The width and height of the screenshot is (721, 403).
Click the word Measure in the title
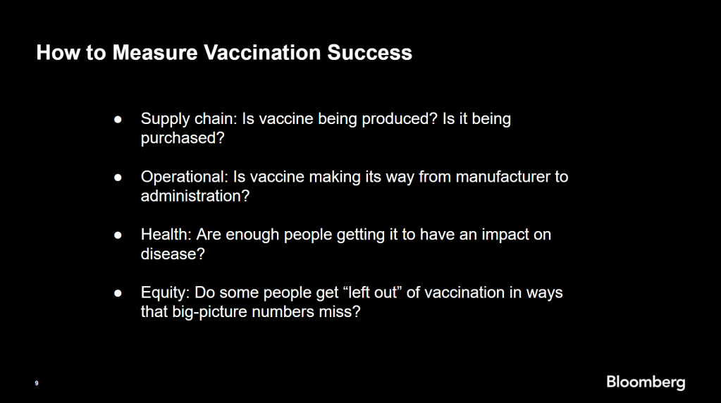[x=155, y=52]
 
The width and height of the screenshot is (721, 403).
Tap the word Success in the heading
[x=370, y=52]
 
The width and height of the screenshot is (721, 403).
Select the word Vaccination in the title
[x=263, y=52]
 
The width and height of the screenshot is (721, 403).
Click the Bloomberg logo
[x=646, y=383]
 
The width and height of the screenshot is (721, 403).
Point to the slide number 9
[x=37, y=383]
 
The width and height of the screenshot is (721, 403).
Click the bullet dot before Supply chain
[x=118, y=120]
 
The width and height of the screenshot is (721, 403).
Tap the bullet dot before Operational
[x=118, y=178]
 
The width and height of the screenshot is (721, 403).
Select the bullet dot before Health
[x=118, y=235]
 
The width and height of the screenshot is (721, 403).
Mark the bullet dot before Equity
[x=118, y=293]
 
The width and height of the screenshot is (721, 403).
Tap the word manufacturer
[x=505, y=177]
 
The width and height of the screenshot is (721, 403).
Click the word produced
[x=400, y=120]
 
